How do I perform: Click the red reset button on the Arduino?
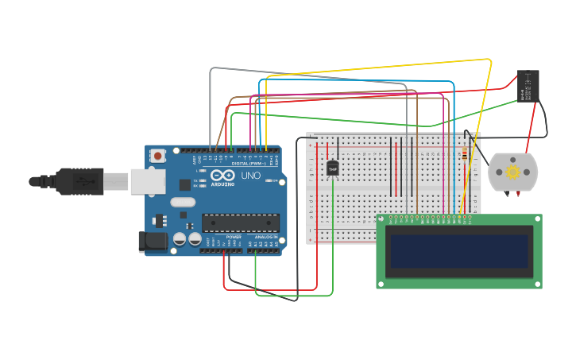pos(158,156)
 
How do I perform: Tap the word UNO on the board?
pos(251,176)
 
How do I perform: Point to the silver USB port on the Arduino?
pos(148,182)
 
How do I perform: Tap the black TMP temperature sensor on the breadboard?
pos(332,168)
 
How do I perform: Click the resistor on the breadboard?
pos(464,155)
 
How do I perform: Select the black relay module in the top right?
pos(528,86)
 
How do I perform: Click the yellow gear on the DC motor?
pos(512,172)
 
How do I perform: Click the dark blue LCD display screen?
pos(458,251)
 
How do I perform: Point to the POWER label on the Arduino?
pos(234,237)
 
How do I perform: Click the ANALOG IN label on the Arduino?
pos(266,237)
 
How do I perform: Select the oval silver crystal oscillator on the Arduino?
pos(182,202)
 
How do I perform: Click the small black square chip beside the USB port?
pos(184,184)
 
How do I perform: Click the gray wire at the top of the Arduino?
pos(302,74)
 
